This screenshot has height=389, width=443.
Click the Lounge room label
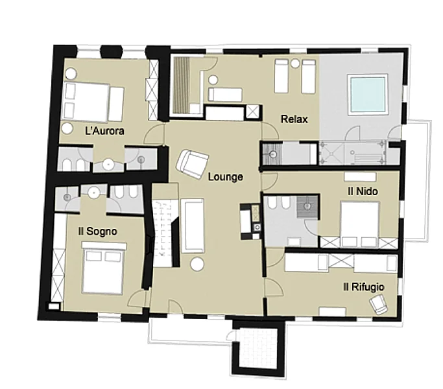226,177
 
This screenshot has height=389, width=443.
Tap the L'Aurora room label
104,131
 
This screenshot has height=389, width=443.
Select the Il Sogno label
97,231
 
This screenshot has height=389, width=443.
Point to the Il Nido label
363,191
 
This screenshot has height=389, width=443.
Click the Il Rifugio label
364,287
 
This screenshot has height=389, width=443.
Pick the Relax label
294,119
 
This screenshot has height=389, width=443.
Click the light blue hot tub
368,95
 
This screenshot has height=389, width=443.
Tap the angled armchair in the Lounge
193,164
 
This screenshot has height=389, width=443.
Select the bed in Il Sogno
103,268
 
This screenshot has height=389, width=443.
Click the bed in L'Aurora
93,102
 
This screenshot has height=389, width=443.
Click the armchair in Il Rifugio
379,304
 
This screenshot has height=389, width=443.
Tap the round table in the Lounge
197,265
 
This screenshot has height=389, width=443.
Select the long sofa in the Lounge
193,226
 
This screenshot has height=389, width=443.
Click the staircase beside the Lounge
163,232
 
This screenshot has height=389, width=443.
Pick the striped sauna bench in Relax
182,85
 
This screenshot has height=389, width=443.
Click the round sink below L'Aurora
108,165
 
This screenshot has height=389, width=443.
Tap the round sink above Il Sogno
93,193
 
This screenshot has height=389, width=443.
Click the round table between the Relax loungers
295,63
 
